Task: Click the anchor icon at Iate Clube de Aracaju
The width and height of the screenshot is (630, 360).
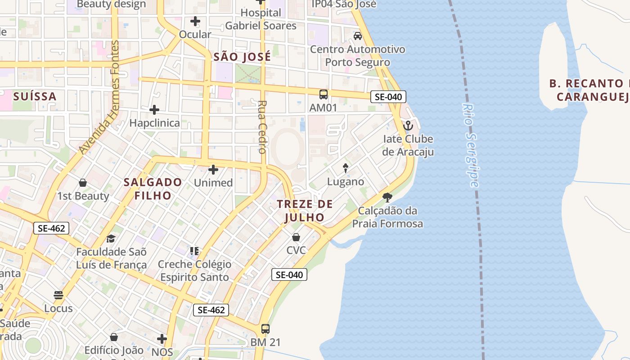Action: [408, 126]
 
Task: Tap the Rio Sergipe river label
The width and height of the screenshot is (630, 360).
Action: [470, 145]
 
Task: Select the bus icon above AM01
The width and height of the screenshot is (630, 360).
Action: [323, 94]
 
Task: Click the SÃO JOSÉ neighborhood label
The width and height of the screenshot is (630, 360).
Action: [242, 57]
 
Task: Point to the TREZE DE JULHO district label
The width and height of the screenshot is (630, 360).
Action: [305, 211]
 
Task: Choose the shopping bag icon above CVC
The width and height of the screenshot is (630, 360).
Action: [296, 237]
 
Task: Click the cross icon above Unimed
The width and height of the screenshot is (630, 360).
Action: [213, 170]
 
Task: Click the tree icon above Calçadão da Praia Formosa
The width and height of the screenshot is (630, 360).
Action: [387, 197]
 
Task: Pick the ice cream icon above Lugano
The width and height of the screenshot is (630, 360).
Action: [346, 168]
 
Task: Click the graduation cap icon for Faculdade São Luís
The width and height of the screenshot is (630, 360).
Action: [111, 238]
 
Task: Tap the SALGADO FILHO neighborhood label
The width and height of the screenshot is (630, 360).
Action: [153, 189]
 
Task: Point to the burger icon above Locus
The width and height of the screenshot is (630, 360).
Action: [58, 295]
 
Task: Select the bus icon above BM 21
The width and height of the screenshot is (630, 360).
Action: [265, 329]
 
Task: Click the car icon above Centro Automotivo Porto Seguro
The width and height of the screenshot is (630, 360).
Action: [358, 36]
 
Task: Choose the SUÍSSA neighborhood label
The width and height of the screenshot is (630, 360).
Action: [35, 96]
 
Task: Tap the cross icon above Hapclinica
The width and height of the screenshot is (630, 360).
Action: [154, 109]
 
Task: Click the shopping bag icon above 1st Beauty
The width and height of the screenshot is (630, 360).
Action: [83, 183]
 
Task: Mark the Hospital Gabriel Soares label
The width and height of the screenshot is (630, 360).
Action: [261, 19]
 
